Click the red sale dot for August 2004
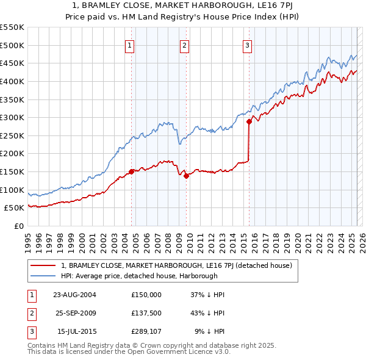coord(132,172)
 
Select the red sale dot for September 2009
coord(187,176)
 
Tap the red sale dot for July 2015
coord(249,122)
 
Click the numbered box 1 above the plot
coord(130,44)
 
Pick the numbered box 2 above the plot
coord(184,44)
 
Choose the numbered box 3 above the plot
coord(247,44)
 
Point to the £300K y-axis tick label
coord(12,117)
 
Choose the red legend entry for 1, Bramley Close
coord(177,265)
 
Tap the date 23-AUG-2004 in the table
coord(75,294)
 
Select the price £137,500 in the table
coord(146,314)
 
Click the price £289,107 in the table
coord(146,333)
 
